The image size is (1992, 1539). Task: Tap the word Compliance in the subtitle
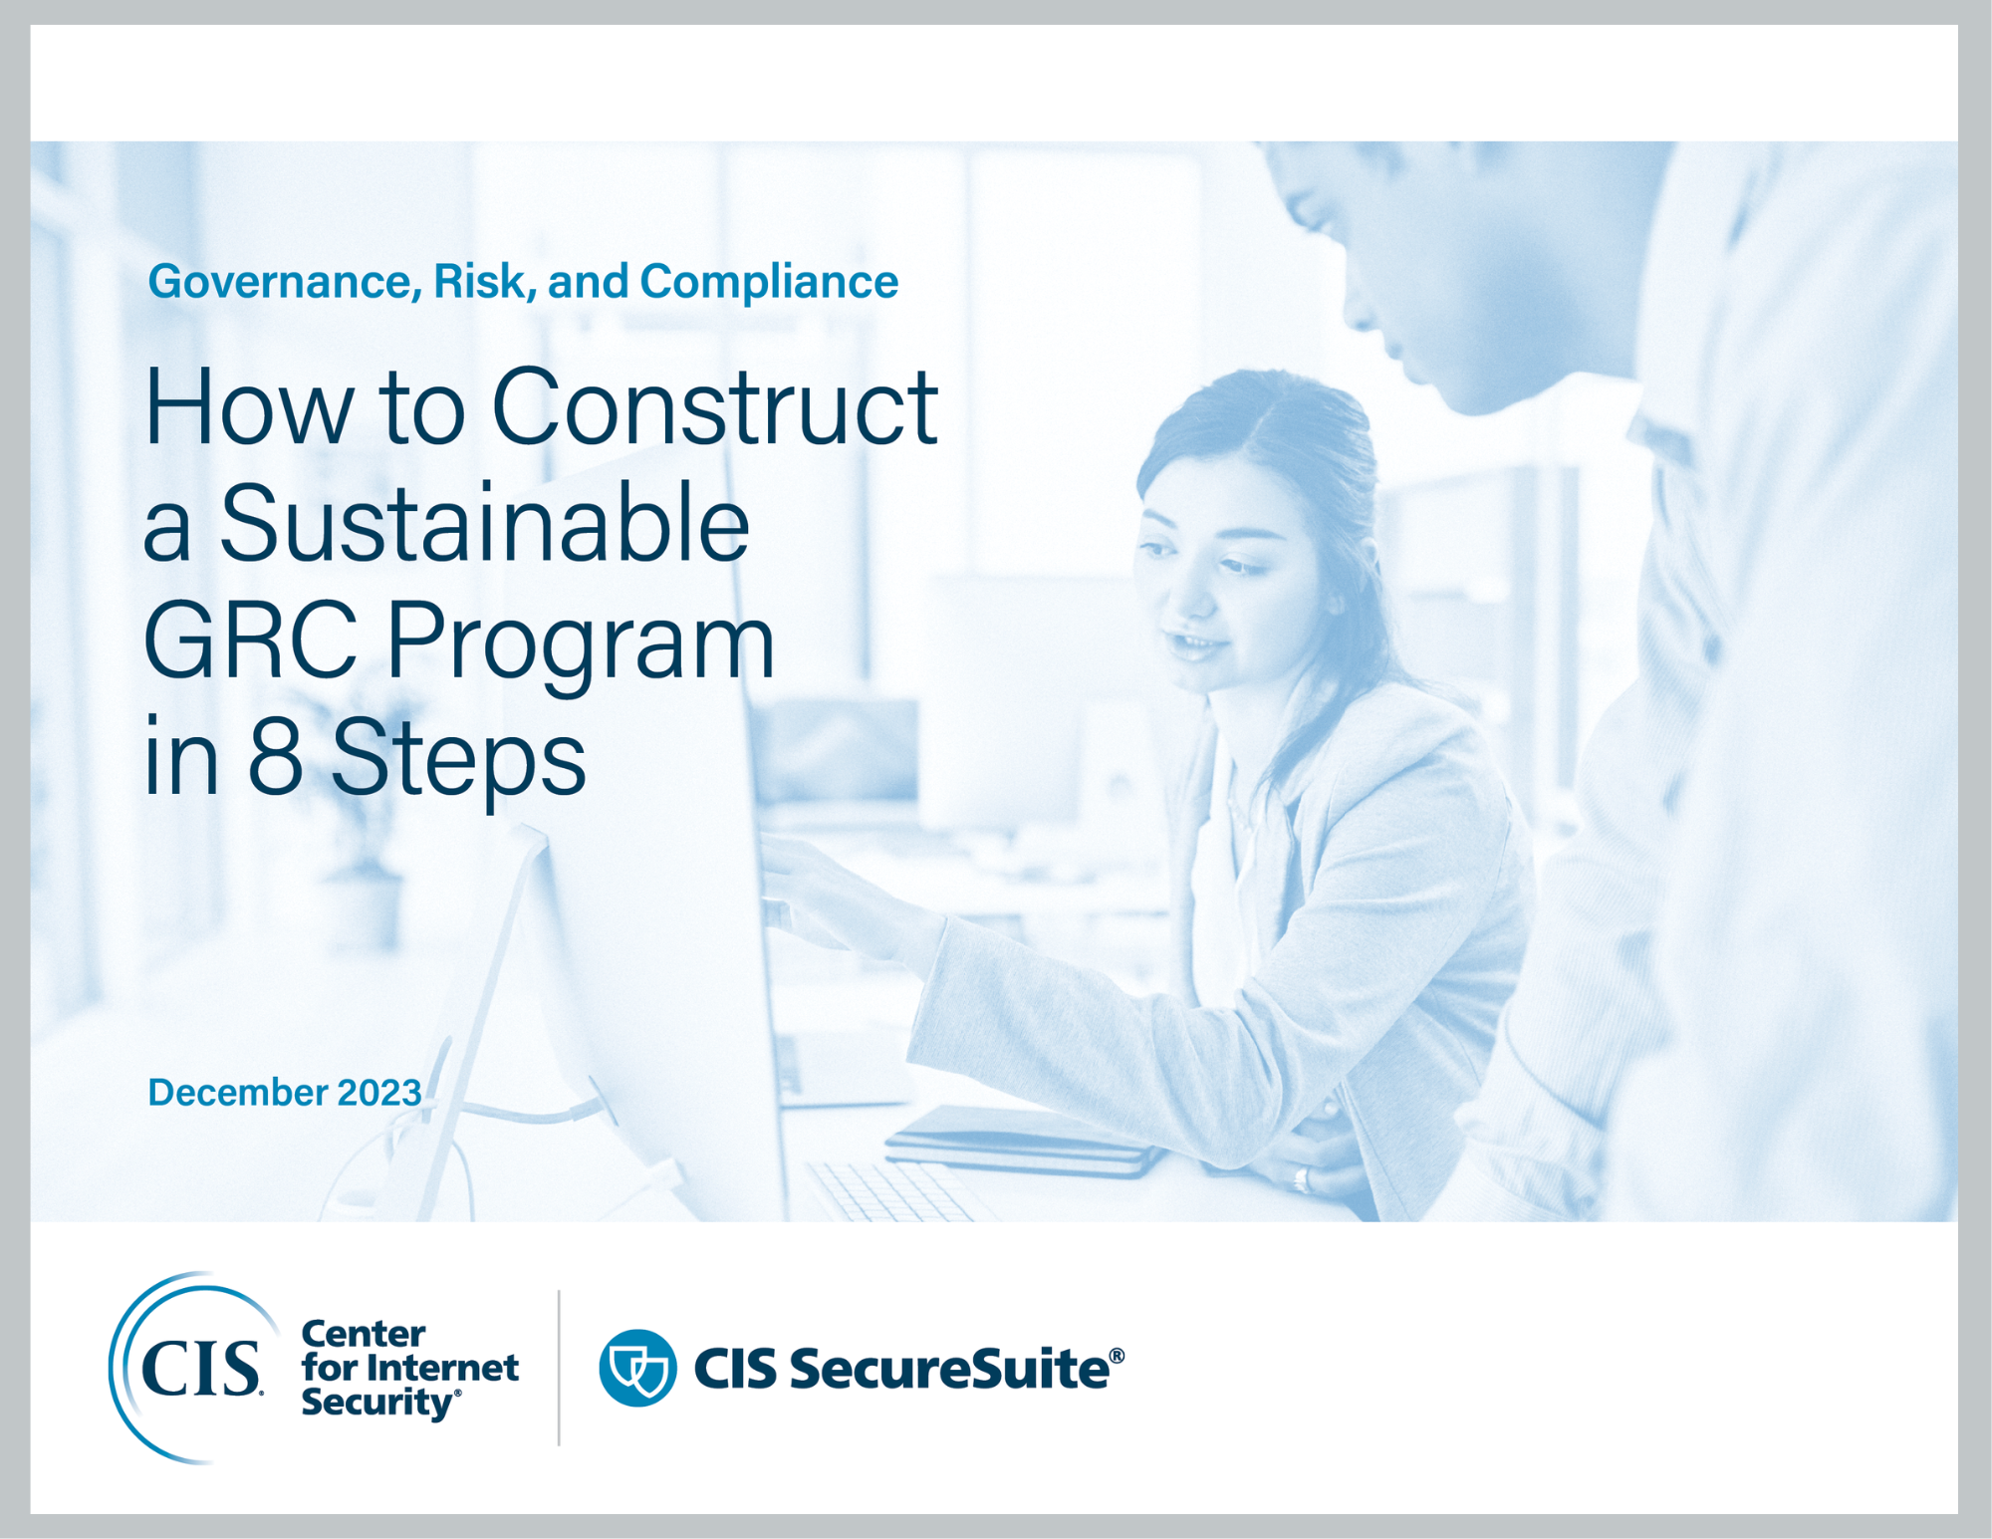tap(769, 282)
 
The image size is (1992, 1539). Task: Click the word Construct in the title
tap(714, 407)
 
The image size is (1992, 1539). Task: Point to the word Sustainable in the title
tap(484, 524)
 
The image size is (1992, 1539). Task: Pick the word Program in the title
tap(580, 642)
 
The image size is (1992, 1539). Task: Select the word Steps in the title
tap(458, 759)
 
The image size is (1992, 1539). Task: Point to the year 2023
tap(379, 1093)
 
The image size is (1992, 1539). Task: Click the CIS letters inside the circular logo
tap(201, 1368)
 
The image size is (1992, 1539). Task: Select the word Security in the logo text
tap(377, 1403)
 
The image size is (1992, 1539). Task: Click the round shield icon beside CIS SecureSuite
tap(637, 1368)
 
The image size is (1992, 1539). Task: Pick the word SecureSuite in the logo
tap(949, 1369)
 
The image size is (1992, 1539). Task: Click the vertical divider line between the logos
tap(559, 1368)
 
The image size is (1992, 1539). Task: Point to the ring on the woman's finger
tap(1300, 1179)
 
